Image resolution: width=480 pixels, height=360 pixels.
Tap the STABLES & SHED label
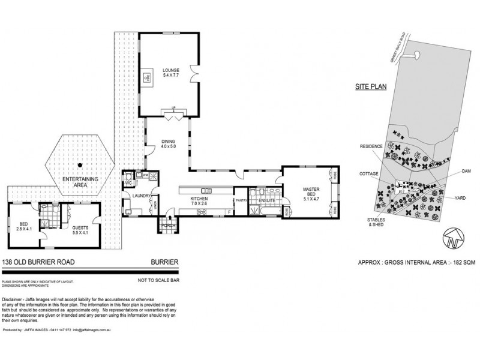point(370,222)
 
